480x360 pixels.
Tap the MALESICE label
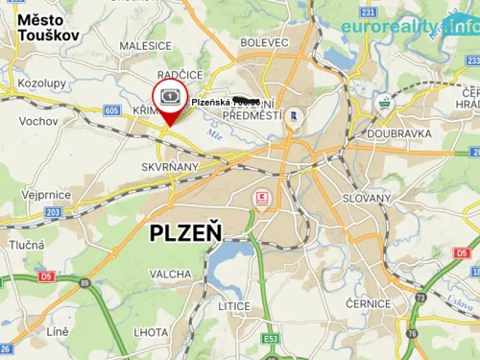point(146,44)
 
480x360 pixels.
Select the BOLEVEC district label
point(264,43)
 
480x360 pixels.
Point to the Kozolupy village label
point(42,84)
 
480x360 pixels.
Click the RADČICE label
point(180,75)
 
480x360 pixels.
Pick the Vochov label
point(38,122)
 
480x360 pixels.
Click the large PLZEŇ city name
point(185,232)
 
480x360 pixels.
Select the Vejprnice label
point(47,193)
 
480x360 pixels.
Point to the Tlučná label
point(27,245)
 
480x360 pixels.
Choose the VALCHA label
point(171,275)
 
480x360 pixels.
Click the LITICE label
point(233,305)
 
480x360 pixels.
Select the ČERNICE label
point(369,304)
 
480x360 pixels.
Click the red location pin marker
point(169,103)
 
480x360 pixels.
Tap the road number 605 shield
point(112,111)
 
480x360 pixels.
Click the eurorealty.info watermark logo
point(410,25)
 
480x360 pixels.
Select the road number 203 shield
point(53,212)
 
